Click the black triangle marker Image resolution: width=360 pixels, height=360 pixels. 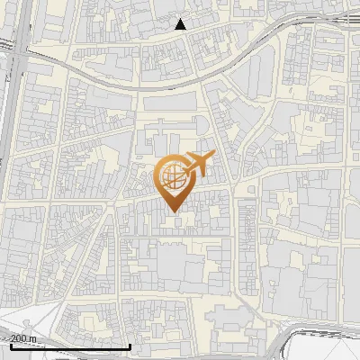click(x=181, y=24)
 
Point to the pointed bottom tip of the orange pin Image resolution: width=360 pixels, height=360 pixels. click(x=173, y=212)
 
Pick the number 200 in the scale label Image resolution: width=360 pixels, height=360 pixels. click(x=20, y=337)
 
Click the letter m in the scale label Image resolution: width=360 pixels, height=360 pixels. click(x=34, y=337)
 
